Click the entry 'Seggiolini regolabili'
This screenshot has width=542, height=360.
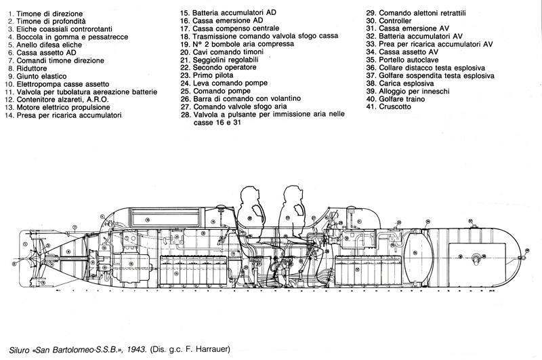tap(231, 58)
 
